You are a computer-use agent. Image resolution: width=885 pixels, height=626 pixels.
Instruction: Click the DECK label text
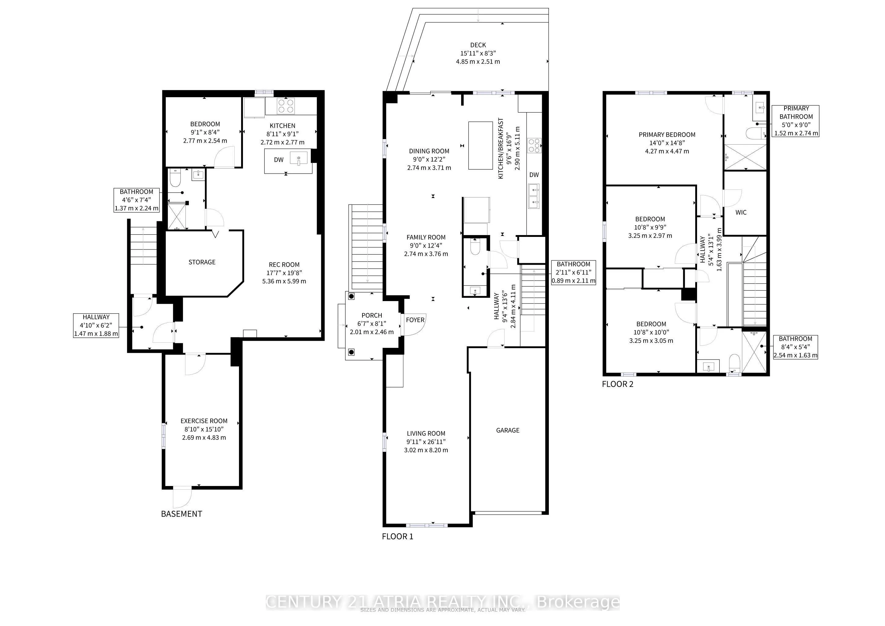click(478, 45)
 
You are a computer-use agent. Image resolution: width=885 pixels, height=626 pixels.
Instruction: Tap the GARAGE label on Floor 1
click(508, 430)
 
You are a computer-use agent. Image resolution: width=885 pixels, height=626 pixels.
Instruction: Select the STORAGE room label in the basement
click(202, 262)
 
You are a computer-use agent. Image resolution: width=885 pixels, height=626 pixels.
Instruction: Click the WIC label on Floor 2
click(741, 212)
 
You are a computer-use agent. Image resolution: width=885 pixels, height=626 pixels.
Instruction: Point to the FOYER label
click(415, 320)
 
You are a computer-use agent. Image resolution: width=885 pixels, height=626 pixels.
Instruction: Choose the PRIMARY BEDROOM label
click(667, 134)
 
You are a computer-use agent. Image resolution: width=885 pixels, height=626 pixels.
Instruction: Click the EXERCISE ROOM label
click(204, 421)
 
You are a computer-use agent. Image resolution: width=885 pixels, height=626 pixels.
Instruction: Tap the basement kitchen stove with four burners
click(286, 106)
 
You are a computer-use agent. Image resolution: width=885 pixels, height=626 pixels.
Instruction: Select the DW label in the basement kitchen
click(279, 160)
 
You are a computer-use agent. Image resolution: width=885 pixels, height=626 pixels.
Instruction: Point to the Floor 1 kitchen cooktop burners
click(534, 146)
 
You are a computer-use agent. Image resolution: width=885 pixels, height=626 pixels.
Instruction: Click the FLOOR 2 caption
click(618, 384)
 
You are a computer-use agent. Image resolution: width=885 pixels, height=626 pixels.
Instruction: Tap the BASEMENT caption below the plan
click(182, 514)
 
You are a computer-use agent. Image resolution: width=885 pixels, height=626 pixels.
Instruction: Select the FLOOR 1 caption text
click(397, 536)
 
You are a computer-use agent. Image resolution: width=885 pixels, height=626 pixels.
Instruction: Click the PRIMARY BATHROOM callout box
click(796, 121)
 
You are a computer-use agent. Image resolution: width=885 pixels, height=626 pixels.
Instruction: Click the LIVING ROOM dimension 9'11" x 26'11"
click(426, 442)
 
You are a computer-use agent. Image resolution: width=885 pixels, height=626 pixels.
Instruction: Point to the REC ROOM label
click(284, 265)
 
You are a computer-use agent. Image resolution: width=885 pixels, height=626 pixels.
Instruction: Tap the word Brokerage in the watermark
click(578, 602)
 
